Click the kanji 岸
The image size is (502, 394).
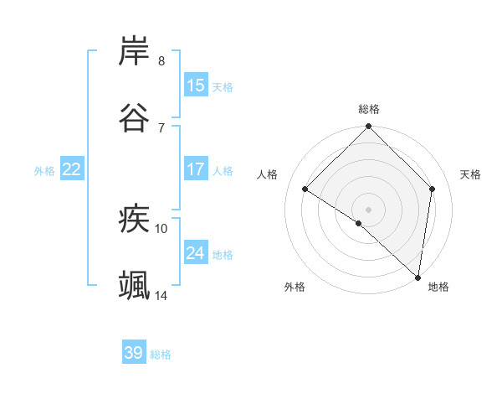click(x=135, y=52)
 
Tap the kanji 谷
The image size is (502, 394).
click(x=135, y=117)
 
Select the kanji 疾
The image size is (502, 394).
click(x=135, y=220)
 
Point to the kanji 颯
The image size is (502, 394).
click(x=135, y=285)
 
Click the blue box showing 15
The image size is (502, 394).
click(x=196, y=86)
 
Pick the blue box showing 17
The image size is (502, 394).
click(x=196, y=169)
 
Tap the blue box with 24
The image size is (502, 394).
click(x=196, y=253)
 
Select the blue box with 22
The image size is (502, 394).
click(x=72, y=169)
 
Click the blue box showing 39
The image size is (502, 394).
click(x=134, y=353)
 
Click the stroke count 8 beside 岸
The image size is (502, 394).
click(x=161, y=61)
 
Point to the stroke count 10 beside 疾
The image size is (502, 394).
click(x=161, y=228)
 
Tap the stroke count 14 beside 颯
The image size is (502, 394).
click(x=161, y=294)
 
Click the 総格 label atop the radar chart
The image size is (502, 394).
click(x=369, y=109)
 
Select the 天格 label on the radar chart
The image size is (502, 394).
click(x=470, y=174)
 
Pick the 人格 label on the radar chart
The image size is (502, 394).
click(x=268, y=174)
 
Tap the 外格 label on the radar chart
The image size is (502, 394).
click(x=295, y=287)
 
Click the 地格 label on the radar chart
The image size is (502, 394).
click(x=438, y=287)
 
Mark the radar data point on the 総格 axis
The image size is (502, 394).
click(x=368, y=127)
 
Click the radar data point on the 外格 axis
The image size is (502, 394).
click(x=359, y=223)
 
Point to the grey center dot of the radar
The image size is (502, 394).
click(x=368, y=209)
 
